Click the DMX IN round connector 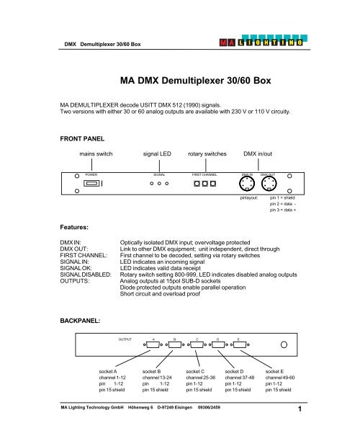pyautogui.click(x=248, y=184)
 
